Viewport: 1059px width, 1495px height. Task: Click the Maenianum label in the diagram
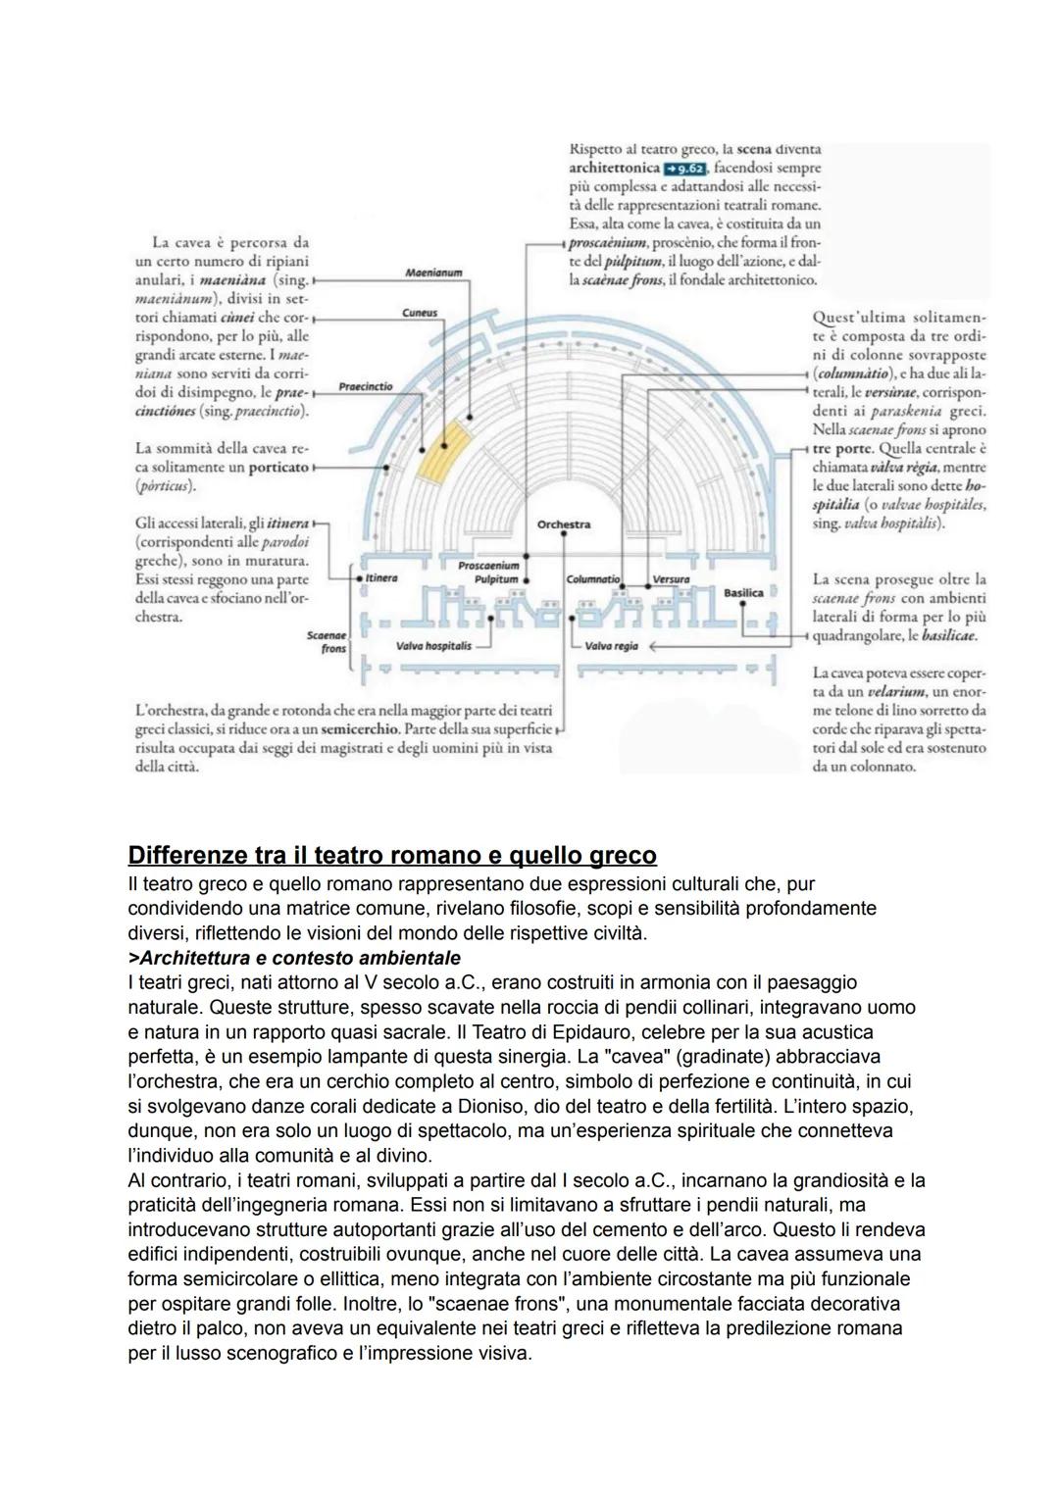[x=432, y=273]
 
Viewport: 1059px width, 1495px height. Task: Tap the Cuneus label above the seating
[x=420, y=313]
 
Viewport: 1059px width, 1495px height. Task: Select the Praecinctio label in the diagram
[x=365, y=386]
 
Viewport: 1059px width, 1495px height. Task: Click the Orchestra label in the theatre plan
[x=564, y=524]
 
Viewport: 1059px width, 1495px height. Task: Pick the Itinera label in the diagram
[x=380, y=578]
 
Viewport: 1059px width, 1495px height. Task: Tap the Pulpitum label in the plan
[x=496, y=579]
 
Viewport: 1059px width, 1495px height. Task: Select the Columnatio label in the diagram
[x=593, y=579]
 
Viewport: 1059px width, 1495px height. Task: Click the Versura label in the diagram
[x=671, y=579]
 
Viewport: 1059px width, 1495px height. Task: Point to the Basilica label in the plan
[x=743, y=593]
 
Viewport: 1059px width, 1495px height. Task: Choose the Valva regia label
[x=611, y=646]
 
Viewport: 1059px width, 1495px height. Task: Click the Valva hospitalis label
[x=433, y=646]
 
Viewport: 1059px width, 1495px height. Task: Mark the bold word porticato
[x=278, y=468]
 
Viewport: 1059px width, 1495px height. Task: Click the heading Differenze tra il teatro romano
[x=392, y=854]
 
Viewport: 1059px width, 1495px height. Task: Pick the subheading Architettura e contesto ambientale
[x=294, y=957]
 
